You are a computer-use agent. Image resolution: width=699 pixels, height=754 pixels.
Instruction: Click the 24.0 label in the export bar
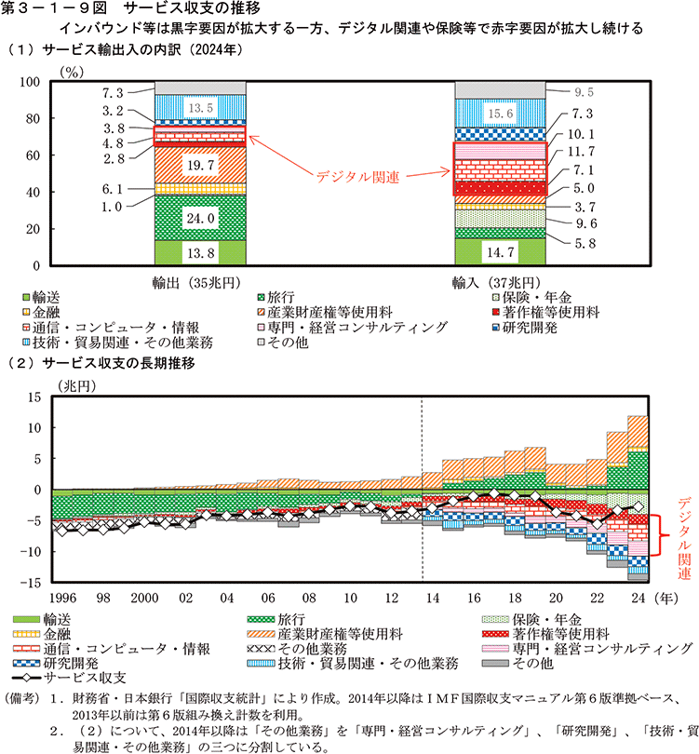pos(200,219)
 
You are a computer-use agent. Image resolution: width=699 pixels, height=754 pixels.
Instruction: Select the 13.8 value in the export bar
pos(200,252)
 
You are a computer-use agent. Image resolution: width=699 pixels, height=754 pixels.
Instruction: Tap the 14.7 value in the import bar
pos(501,251)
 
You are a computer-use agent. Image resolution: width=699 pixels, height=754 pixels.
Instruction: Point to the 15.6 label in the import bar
pos(501,114)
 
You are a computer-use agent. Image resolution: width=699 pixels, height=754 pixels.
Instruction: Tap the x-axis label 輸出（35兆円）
pos(200,281)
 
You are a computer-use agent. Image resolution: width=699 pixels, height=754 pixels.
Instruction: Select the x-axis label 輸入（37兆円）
pos(501,281)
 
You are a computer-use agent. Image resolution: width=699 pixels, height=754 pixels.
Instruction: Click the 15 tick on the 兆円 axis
pos(34,397)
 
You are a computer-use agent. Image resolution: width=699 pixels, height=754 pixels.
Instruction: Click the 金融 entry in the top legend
pos(46,311)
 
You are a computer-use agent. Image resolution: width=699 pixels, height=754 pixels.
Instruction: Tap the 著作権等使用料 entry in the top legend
pos(550,311)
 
